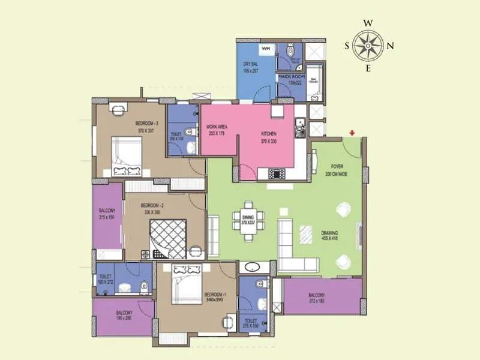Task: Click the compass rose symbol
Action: click(368, 45)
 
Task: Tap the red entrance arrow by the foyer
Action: click(353, 133)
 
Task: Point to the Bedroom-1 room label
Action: click(214, 295)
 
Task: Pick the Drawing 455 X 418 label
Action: click(329, 235)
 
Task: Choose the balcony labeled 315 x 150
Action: click(107, 214)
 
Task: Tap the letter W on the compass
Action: click(368, 23)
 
